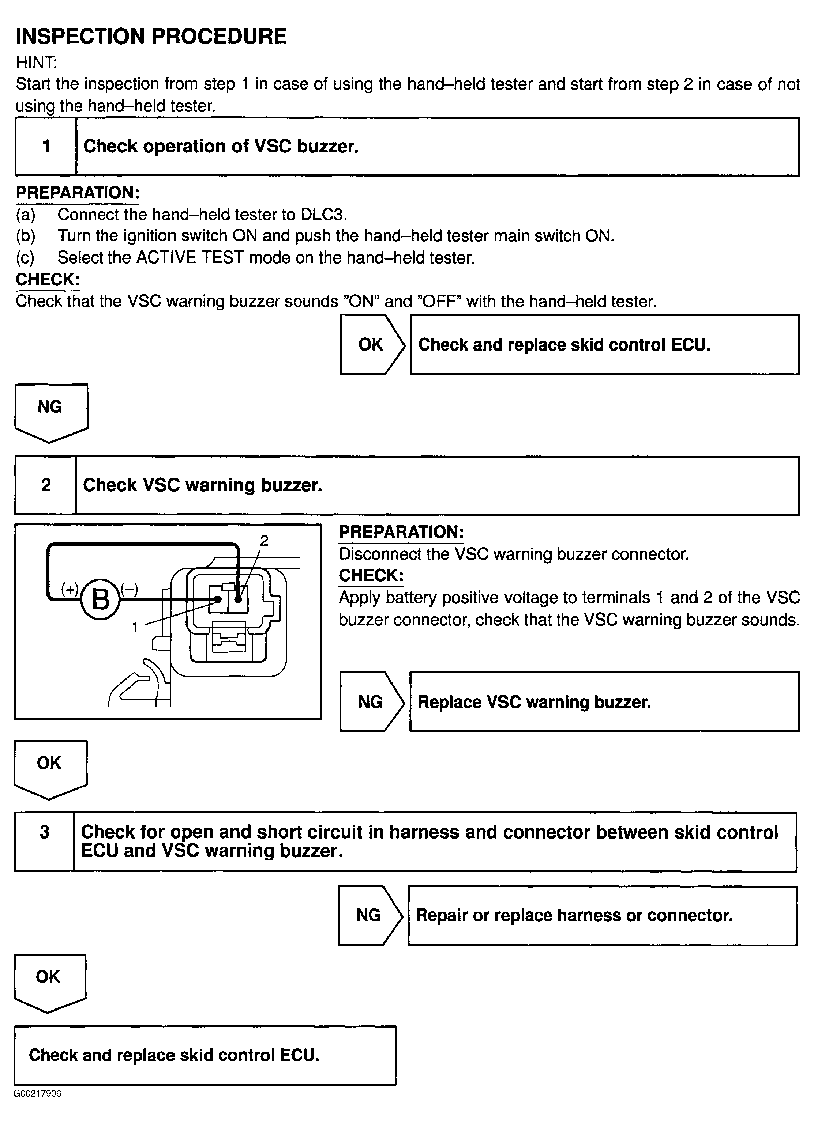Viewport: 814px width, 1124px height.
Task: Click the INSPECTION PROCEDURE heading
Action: point(151,36)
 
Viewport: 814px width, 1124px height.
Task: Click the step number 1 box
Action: point(46,146)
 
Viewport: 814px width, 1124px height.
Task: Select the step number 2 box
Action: point(46,485)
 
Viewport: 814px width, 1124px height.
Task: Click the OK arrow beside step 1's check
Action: point(372,344)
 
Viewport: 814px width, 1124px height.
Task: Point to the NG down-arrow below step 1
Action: point(50,410)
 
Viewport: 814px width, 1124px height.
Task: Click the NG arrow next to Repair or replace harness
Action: point(370,915)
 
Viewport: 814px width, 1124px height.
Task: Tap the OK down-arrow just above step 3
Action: point(50,767)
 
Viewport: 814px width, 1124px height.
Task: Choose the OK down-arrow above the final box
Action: point(49,980)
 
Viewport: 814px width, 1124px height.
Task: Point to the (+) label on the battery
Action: point(70,589)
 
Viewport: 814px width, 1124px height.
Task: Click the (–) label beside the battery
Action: point(130,589)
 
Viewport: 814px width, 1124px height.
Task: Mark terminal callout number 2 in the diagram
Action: point(265,541)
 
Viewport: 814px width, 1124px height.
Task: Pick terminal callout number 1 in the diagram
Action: point(135,627)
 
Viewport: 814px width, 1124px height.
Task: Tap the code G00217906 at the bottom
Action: point(38,1093)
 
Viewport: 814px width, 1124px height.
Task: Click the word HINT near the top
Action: point(36,63)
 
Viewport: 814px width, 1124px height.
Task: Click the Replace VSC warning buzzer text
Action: point(534,702)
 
